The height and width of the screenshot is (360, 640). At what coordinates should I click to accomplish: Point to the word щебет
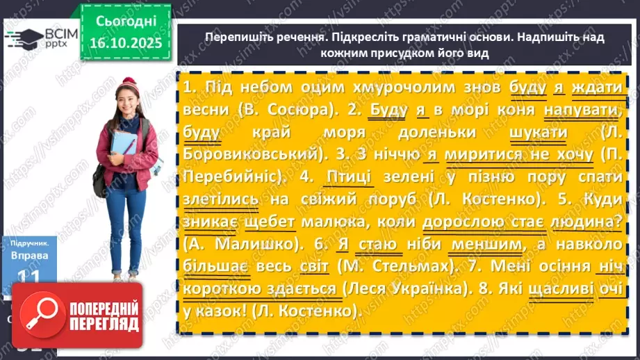coord(268,222)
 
